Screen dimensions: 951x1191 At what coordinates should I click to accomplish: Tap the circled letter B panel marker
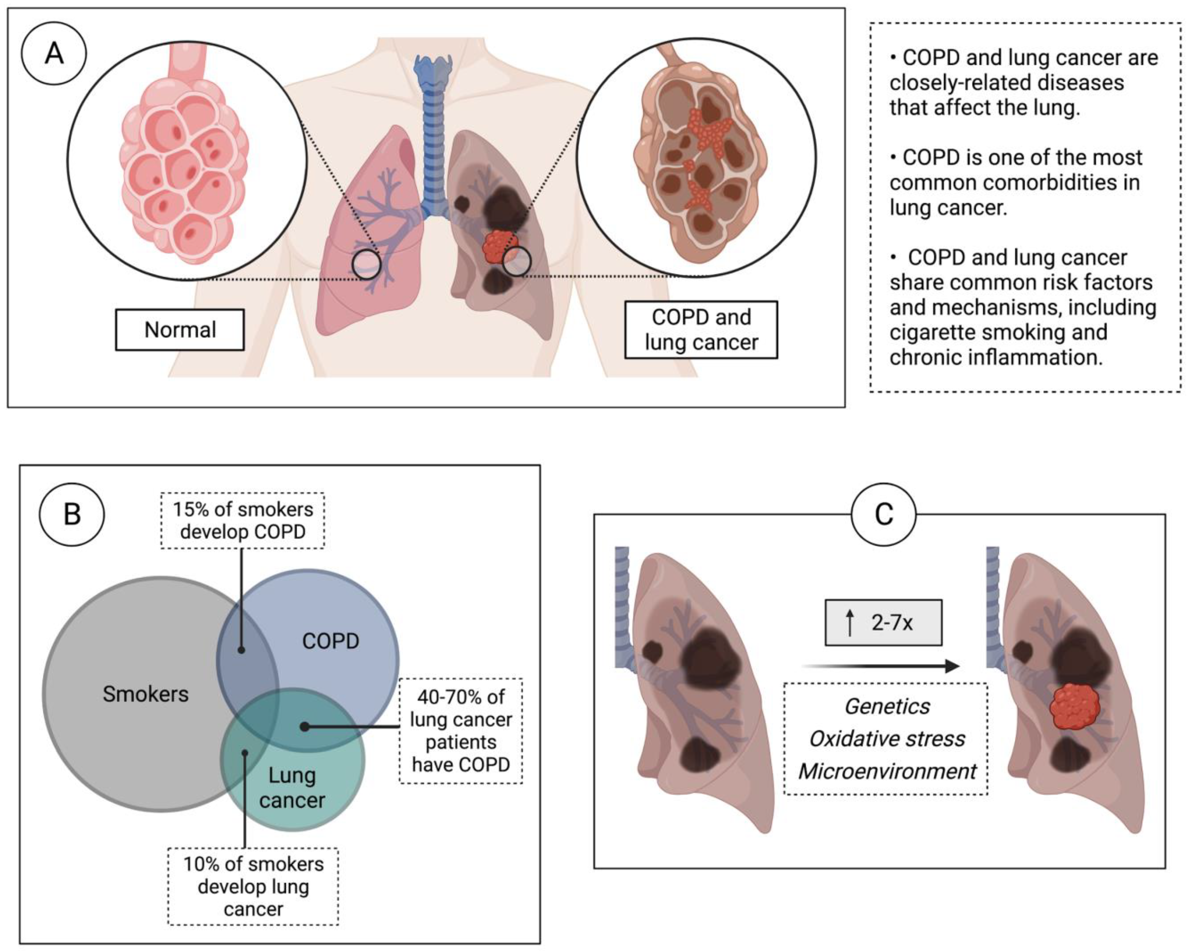(72, 514)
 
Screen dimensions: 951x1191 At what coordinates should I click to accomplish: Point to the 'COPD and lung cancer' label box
(701, 330)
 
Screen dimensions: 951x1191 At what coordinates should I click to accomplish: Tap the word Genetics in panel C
(887, 706)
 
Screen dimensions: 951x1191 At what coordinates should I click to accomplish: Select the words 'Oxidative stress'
(887, 739)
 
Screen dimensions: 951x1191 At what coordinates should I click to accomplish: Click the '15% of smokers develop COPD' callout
(242, 520)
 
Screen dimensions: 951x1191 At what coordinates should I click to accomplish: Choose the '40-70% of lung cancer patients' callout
(461, 731)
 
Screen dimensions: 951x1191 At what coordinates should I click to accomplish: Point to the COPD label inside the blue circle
(330, 641)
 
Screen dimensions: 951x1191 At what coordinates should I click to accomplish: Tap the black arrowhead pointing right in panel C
(951, 666)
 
